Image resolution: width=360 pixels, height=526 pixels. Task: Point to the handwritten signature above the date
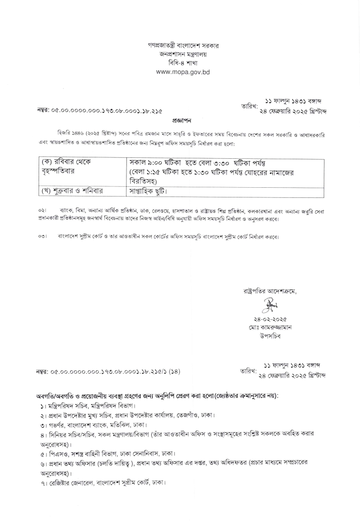(269, 303)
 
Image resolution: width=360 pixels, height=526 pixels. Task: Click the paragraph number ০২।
(43, 210)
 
